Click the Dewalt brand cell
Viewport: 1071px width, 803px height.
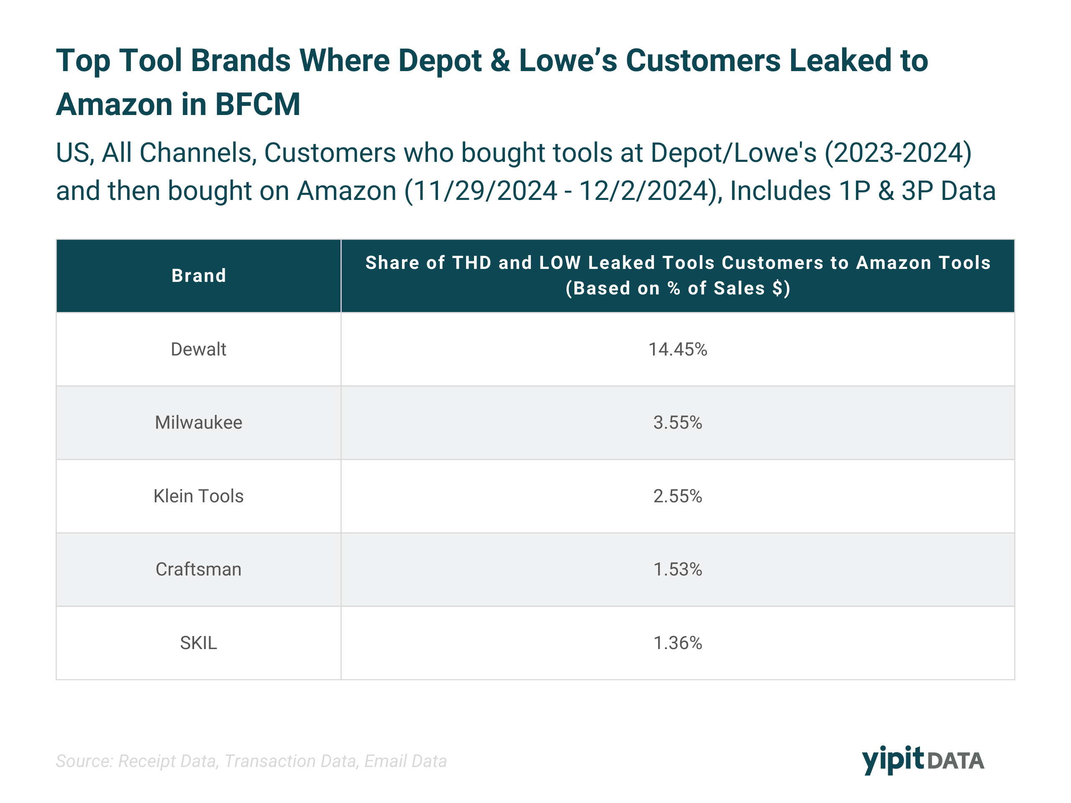point(199,349)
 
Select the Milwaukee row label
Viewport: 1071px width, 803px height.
point(199,422)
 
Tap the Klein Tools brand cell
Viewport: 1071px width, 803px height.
point(199,496)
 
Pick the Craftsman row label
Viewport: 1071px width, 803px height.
point(199,569)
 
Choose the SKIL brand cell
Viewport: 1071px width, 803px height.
point(199,643)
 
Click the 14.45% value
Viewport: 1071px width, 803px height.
point(677,349)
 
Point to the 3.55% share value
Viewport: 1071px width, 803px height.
point(677,422)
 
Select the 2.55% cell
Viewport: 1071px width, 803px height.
point(677,496)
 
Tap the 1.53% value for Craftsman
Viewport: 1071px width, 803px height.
point(677,569)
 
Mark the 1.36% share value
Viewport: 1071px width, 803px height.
point(677,643)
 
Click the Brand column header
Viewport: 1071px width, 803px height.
point(199,276)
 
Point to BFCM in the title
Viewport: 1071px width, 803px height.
point(258,105)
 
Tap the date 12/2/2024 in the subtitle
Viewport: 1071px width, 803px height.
point(644,191)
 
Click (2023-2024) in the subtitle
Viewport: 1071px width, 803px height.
point(898,153)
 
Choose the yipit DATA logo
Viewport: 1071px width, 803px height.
point(923,760)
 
